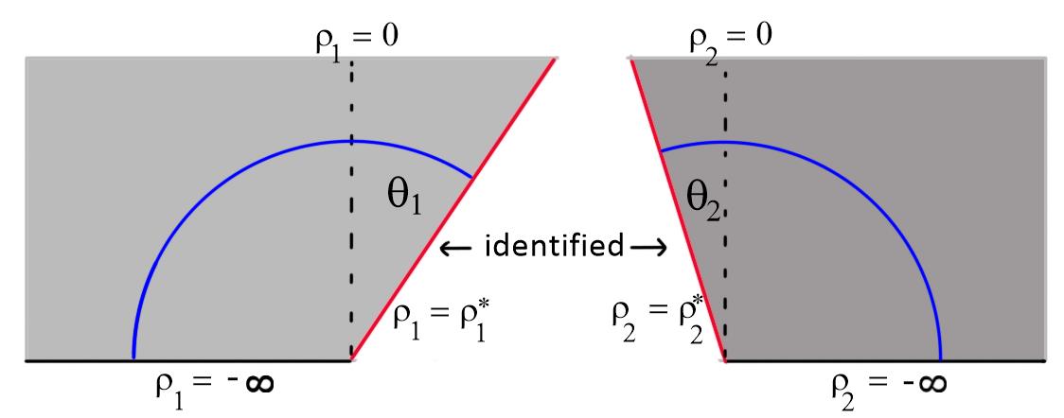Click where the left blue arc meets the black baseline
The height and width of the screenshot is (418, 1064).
point(133,359)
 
